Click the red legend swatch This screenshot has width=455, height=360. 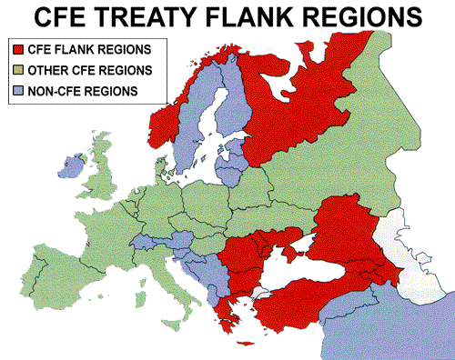click(17, 48)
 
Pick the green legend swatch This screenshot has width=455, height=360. click(17, 69)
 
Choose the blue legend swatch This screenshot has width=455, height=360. click(17, 90)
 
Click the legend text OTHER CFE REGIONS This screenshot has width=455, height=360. click(76, 70)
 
